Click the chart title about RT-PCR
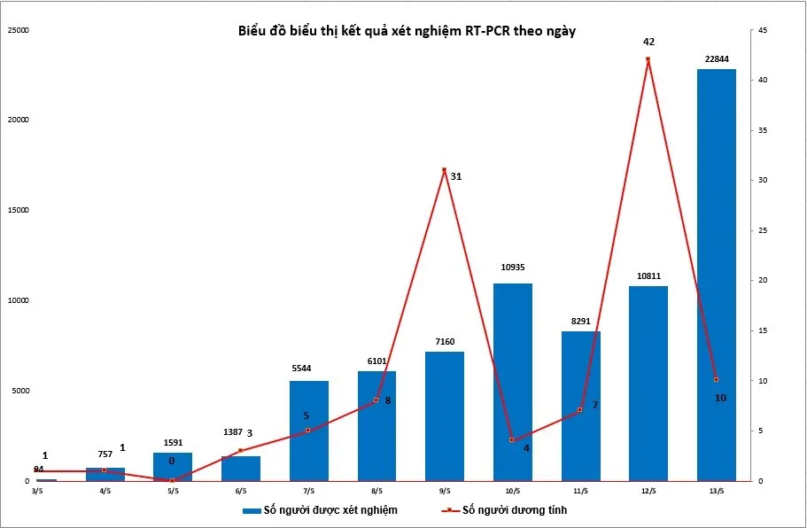pos(407,31)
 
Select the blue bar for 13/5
pos(716,275)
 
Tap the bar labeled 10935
pos(512,382)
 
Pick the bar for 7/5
pos(308,431)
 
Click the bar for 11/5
pos(580,406)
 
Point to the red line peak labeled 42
pos(648,59)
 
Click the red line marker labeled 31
pos(444,169)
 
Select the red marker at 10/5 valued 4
pos(512,439)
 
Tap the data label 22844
pos(716,59)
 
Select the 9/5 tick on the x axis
pos(444,490)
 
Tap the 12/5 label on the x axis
pos(648,490)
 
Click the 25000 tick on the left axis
pos(18,31)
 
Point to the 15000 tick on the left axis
pos(18,211)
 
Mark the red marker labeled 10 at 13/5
pos(716,380)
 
